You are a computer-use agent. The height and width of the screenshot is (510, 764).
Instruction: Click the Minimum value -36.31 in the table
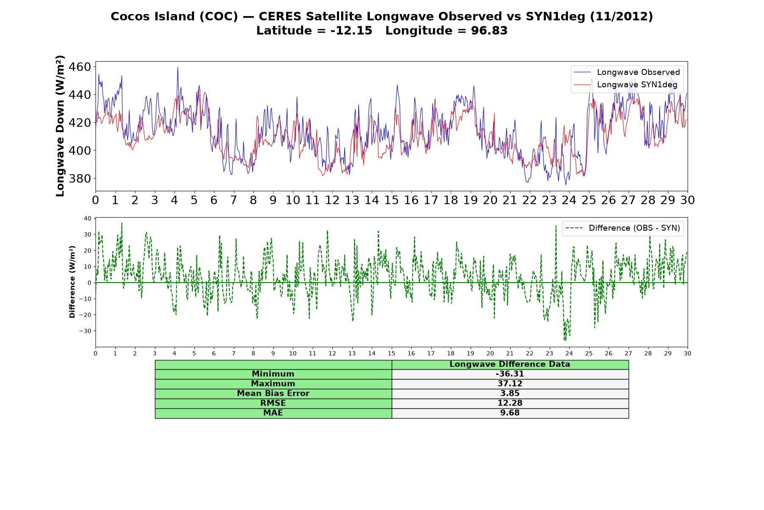(x=510, y=374)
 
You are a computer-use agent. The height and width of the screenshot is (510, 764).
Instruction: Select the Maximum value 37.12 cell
(x=510, y=384)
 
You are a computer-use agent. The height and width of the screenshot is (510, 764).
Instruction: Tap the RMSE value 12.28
(x=510, y=403)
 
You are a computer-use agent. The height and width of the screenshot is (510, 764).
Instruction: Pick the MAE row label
(x=273, y=413)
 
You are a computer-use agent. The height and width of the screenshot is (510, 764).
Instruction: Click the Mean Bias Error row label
(x=273, y=394)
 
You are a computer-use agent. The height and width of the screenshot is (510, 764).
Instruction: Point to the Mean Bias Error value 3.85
(x=510, y=394)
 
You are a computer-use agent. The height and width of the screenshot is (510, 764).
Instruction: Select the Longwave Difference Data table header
(x=510, y=364)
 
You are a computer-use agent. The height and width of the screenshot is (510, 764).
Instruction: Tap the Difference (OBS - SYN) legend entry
(x=623, y=228)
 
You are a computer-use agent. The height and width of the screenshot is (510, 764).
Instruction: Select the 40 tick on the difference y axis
(x=87, y=218)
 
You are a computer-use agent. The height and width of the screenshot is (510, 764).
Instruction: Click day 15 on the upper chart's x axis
(x=391, y=200)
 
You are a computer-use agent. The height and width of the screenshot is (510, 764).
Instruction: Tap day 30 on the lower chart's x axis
(x=687, y=353)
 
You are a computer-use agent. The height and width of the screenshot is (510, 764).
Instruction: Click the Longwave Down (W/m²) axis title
(x=60, y=126)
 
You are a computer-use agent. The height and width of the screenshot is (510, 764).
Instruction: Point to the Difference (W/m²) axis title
(x=72, y=282)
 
